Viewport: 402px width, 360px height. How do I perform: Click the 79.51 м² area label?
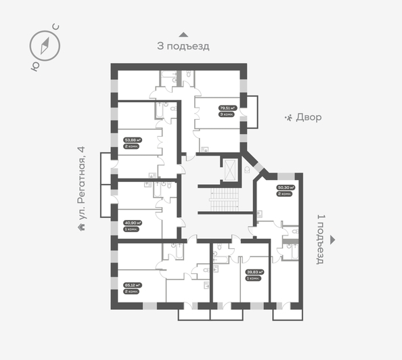(226, 107)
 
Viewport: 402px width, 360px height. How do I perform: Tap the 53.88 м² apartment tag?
(131, 141)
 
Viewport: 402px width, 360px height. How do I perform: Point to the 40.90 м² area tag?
(131, 222)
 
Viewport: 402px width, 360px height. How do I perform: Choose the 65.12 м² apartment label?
(131, 286)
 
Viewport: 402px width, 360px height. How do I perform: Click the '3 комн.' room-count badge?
(226, 114)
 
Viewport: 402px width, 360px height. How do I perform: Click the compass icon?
(45, 45)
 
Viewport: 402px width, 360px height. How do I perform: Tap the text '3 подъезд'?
(183, 47)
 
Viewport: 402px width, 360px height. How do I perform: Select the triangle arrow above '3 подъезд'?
(183, 34)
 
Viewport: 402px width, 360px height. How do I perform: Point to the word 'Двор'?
(309, 117)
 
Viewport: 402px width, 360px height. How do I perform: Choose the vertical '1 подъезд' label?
(321, 240)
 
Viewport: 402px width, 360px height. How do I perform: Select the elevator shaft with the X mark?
(230, 171)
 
